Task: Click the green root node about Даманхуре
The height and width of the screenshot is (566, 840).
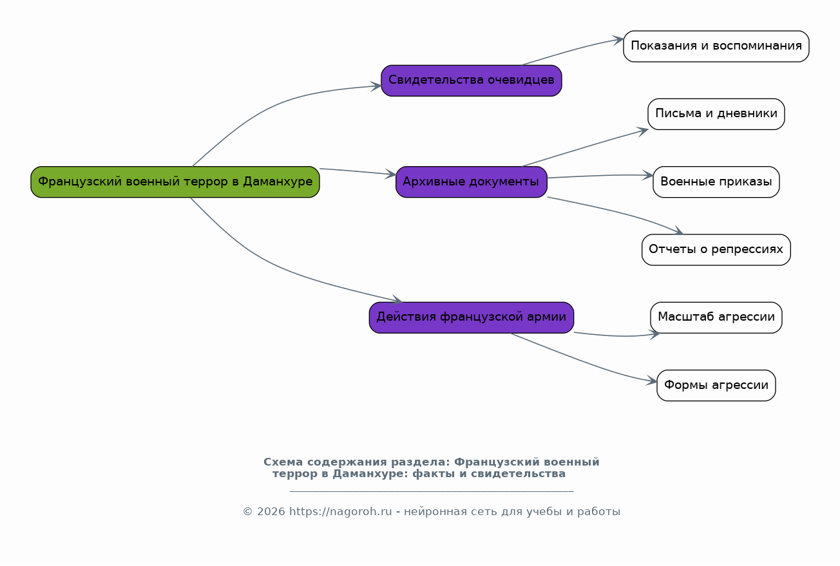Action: [x=175, y=182]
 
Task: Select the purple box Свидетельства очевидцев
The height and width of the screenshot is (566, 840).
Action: [x=472, y=80]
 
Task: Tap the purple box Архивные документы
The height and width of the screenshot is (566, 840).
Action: [x=472, y=182]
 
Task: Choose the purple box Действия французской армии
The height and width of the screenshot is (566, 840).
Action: [x=472, y=317]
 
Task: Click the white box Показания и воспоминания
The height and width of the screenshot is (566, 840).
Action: [x=716, y=46]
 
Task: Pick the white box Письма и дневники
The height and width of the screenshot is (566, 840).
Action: [x=716, y=114]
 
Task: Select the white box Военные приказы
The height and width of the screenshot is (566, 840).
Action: [x=716, y=182]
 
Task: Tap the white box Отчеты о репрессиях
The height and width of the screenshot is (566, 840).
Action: [x=716, y=250]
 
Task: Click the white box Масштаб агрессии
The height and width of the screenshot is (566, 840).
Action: [x=716, y=317]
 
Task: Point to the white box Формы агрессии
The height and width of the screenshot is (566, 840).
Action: [x=716, y=385]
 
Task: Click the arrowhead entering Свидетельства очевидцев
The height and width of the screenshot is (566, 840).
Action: [x=376, y=86]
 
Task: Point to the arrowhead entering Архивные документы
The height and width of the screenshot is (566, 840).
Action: [x=391, y=174]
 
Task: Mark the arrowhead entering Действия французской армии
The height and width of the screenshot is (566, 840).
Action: [x=397, y=299]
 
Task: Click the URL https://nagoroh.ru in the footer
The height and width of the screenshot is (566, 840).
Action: [x=341, y=512]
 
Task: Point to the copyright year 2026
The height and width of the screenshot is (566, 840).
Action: [x=271, y=512]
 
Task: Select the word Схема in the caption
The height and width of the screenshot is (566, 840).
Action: [x=283, y=462]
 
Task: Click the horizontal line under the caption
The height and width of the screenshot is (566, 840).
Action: [x=432, y=491]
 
